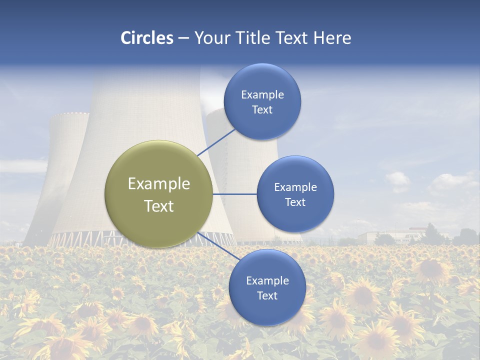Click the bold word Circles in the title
(x=147, y=38)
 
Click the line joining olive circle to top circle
(x=217, y=142)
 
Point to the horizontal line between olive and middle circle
(x=234, y=194)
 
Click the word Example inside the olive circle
(x=159, y=184)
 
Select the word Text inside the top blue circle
(x=262, y=109)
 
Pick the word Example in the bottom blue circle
(x=267, y=281)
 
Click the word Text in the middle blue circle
(x=295, y=202)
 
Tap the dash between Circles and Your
(x=183, y=38)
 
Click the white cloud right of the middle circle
(x=398, y=180)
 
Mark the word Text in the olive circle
(x=159, y=206)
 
